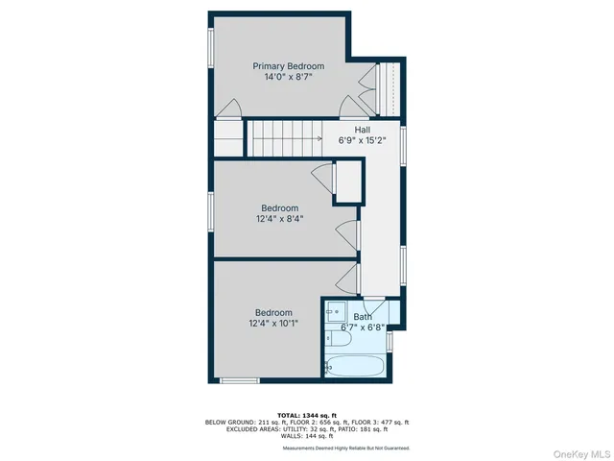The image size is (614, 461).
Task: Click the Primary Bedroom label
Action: [288, 66]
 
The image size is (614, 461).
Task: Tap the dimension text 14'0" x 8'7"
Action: [288, 79]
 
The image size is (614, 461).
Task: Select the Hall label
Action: [362, 129]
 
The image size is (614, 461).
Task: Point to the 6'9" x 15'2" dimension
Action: [362, 140]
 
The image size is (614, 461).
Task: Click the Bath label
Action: [363, 317]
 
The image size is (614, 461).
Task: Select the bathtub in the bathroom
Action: [356, 365]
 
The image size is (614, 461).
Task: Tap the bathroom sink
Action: [336, 311]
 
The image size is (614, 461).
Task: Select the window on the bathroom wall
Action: [390, 341]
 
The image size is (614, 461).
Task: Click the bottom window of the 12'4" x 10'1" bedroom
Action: [240, 381]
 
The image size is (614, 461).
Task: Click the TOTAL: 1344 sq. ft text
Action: [306, 414]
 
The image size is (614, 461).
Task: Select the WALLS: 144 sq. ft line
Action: [306, 436]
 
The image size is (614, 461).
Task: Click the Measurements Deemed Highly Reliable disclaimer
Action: [345, 449]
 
